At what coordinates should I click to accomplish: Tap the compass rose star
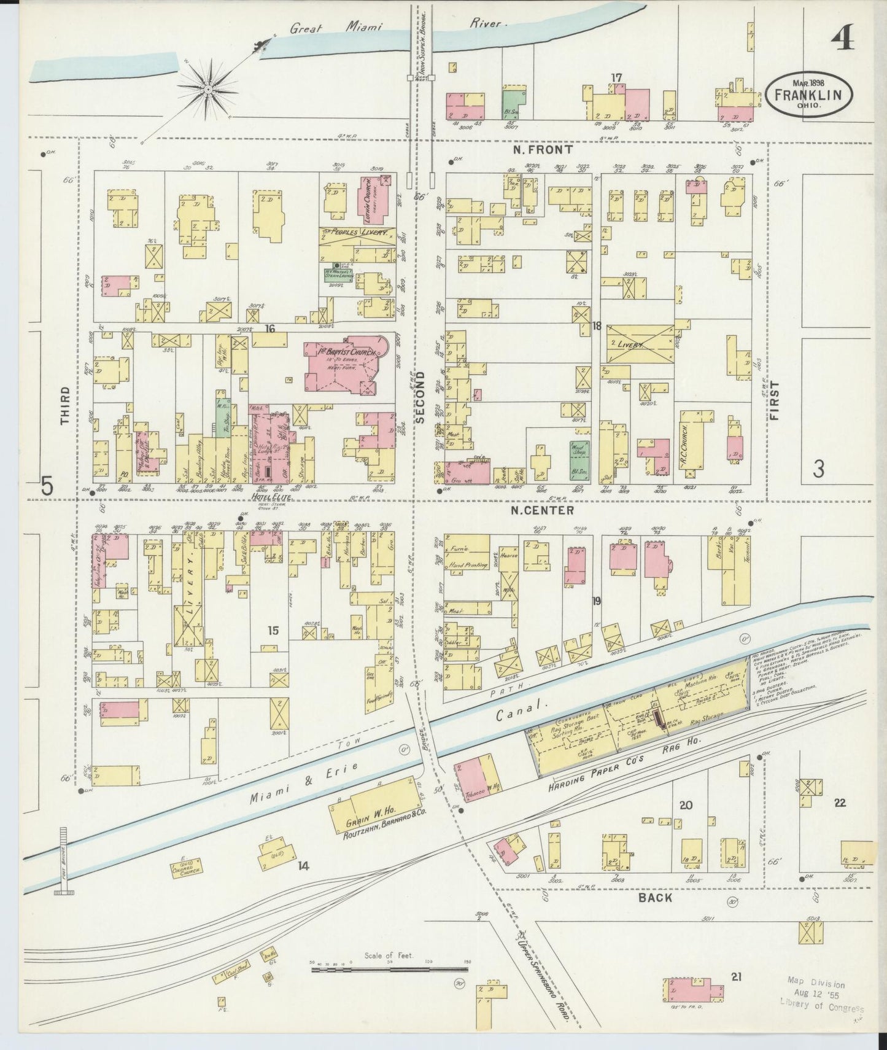[x=207, y=90]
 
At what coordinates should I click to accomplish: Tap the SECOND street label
[x=420, y=397]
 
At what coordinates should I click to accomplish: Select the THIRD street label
[x=65, y=406]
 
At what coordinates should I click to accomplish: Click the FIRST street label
[x=774, y=401]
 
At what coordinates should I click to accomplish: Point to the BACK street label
[x=655, y=898]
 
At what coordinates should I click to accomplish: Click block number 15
[x=273, y=630]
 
